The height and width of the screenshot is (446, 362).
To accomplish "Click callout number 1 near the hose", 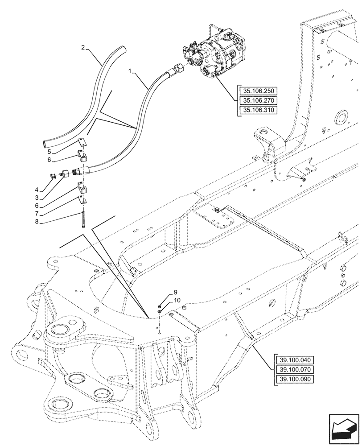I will [x=130, y=70].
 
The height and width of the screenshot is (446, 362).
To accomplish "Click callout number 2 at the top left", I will [x=83, y=47].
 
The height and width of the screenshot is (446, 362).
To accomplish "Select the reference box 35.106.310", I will [x=258, y=110].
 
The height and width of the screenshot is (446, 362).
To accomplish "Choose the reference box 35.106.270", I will [x=258, y=100].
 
